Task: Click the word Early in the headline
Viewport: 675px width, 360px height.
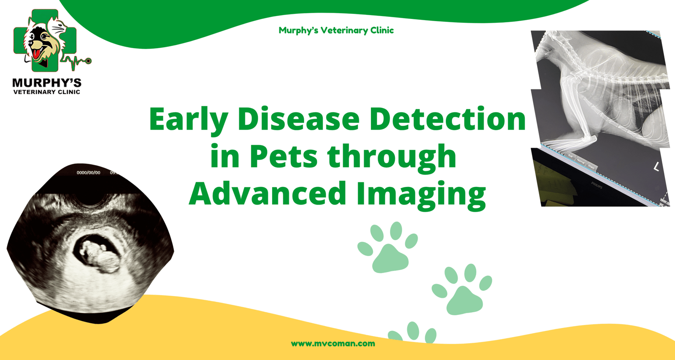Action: coord(188,119)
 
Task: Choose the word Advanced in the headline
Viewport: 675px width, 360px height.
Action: coord(267,193)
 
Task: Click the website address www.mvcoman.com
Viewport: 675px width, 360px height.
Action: coord(333,344)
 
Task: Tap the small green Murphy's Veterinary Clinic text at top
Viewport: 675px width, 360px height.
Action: coord(336,30)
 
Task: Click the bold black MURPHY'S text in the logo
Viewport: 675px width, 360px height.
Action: coord(47,83)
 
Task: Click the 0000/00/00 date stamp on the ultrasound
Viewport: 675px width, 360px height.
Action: coord(88,173)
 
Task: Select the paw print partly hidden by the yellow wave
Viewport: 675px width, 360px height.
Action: coord(412,332)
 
